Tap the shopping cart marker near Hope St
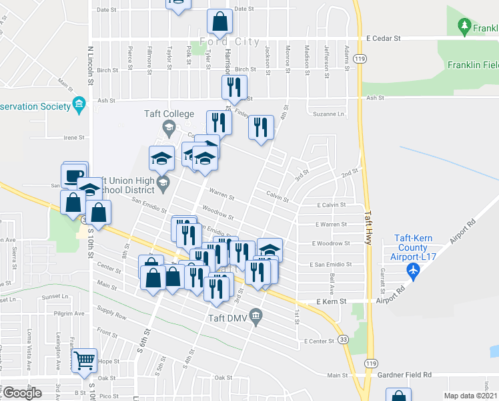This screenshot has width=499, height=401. point(85,361)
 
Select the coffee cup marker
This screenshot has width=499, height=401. point(73,176)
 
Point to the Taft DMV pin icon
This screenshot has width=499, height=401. point(256,314)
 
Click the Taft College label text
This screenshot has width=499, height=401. point(169,114)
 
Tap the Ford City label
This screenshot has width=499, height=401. point(229,41)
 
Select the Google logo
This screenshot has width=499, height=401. point(22,393)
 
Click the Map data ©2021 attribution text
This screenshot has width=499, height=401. point(471,396)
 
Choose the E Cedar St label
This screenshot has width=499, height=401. point(383,39)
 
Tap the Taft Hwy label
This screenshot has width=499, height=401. point(368,227)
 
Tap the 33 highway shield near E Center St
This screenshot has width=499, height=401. point(343,340)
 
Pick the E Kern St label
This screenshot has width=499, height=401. point(332,301)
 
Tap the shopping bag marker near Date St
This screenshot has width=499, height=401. point(219,23)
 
